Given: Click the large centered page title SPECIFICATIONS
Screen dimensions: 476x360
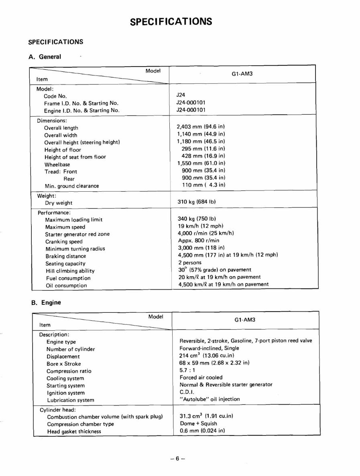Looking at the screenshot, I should tap(171, 21).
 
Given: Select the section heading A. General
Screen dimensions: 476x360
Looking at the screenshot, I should tap(45, 57).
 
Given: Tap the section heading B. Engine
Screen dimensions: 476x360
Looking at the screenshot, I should tap(46, 302).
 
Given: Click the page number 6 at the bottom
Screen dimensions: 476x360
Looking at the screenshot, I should tap(177, 459).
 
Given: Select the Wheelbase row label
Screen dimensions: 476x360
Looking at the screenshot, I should tap(57, 164).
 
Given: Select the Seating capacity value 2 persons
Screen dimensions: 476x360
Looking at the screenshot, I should tap(190, 263).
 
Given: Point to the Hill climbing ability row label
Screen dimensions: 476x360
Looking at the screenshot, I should tap(70, 271).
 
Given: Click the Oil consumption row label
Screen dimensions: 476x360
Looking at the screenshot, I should tap(66, 286).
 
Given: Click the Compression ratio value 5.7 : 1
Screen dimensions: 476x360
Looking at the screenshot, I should tap(187, 370).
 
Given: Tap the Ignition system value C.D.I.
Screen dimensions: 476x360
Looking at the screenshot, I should tap(187, 392).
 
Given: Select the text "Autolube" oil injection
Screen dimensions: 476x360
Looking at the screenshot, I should tap(209, 399).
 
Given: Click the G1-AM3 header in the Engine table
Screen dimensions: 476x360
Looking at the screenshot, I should tap(245, 320).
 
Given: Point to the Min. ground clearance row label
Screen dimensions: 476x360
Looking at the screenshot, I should tap(71, 186).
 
